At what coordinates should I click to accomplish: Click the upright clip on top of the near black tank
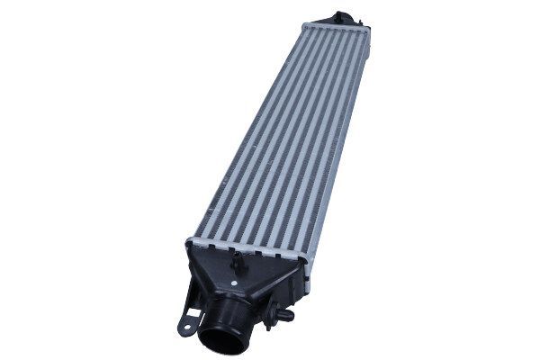click(238, 263)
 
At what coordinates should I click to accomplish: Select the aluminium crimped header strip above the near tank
click(247, 250)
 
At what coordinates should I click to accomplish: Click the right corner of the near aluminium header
click(305, 262)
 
